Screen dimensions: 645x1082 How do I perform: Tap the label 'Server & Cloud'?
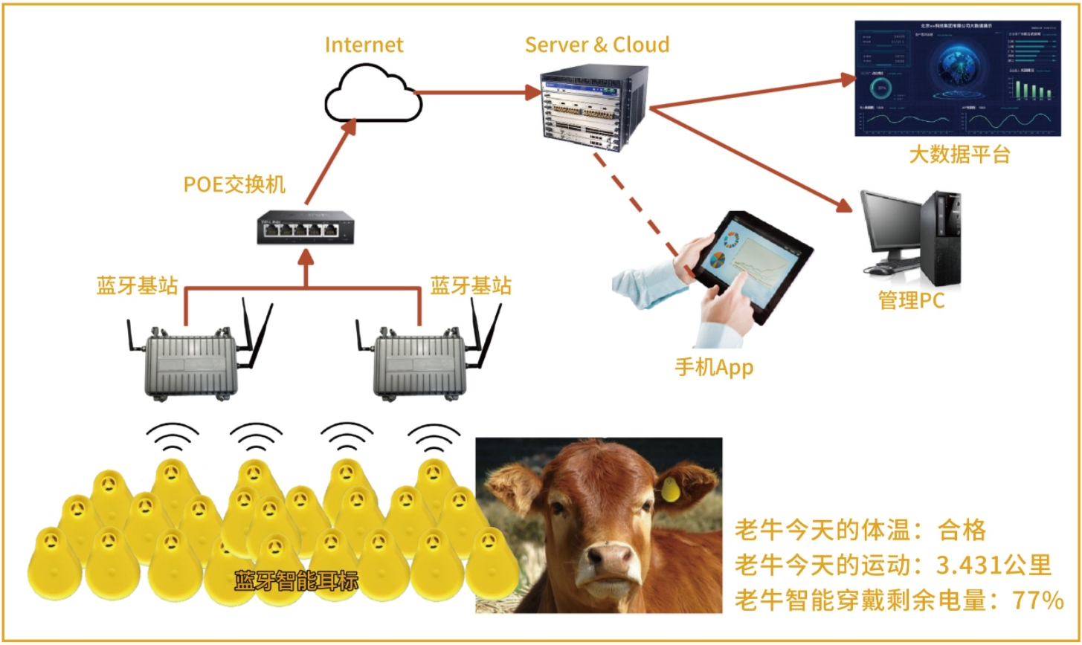pos(597,44)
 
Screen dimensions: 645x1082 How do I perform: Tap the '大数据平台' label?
pos(959,155)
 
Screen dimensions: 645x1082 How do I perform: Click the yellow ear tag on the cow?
pos(670,489)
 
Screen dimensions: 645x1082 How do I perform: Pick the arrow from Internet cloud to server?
pos(476,92)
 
